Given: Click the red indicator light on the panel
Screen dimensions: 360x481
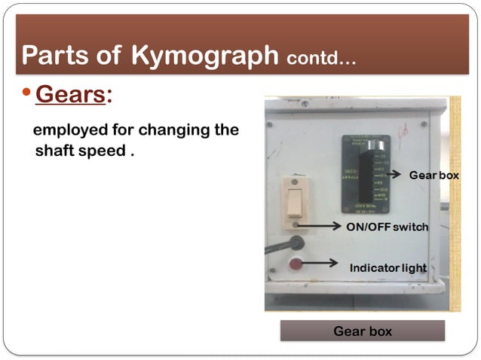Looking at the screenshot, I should tap(296, 264).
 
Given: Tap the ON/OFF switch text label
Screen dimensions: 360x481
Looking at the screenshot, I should tap(387, 227).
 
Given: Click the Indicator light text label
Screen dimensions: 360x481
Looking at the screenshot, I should tap(388, 268).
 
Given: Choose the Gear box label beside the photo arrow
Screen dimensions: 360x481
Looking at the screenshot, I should tap(433, 175).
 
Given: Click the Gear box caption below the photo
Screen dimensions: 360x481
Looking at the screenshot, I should tap(362, 331).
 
